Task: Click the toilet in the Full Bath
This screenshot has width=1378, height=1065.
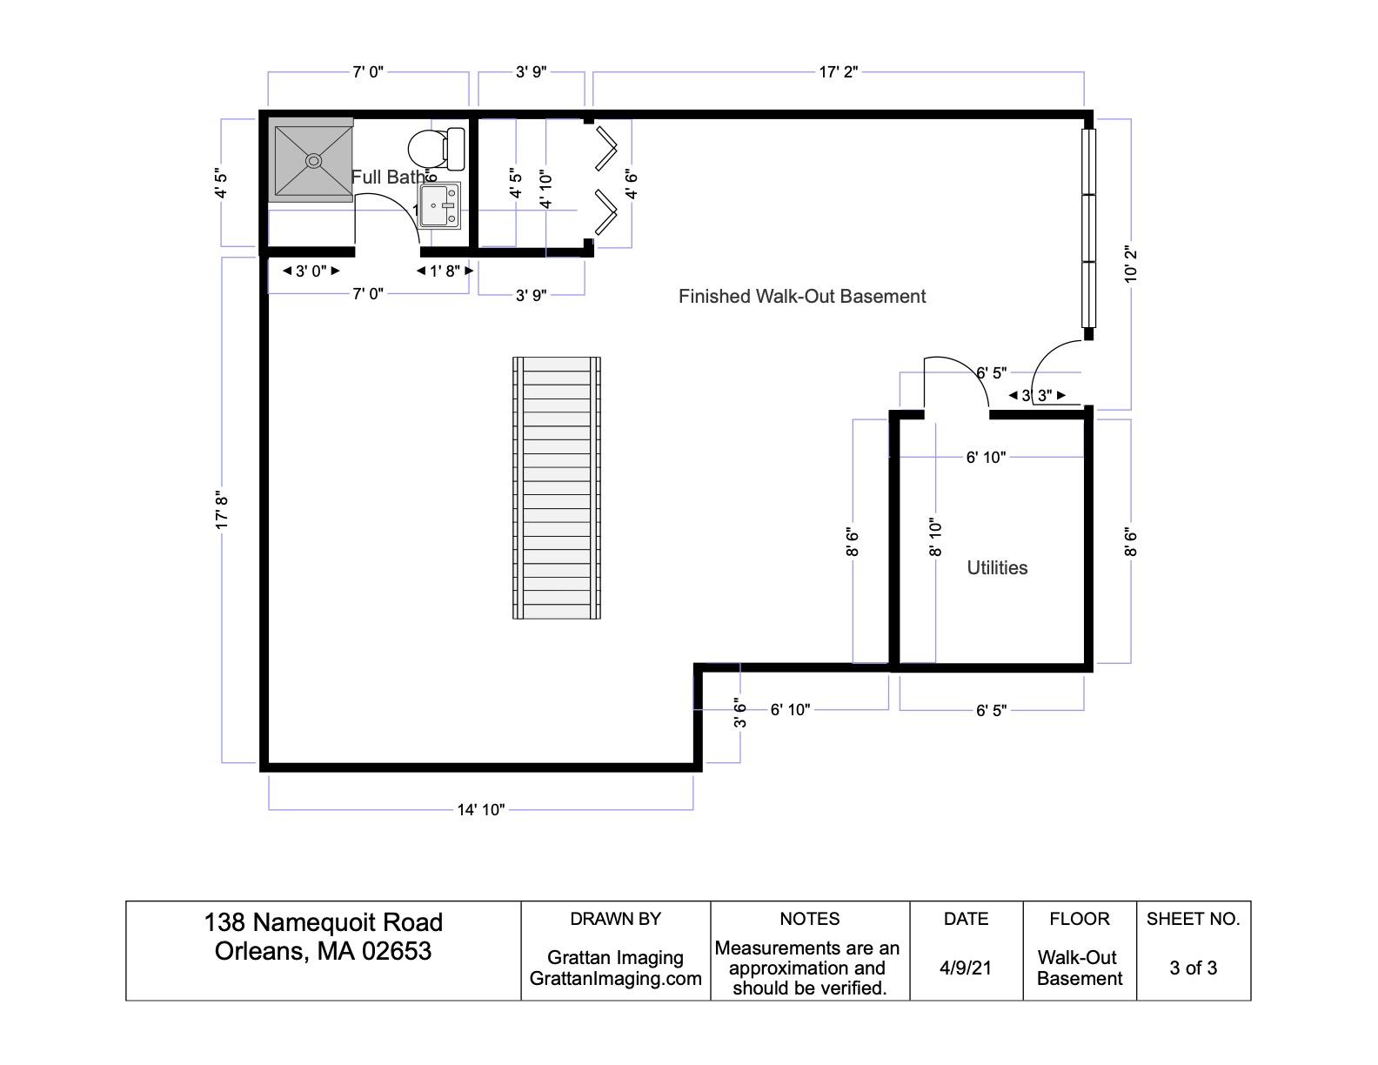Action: (x=437, y=149)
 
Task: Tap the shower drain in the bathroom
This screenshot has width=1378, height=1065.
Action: (x=313, y=160)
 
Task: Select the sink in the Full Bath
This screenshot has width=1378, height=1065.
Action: (x=438, y=205)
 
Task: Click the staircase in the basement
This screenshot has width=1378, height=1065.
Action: (x=556, y=488)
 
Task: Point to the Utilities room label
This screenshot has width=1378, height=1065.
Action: (x=997, y=567)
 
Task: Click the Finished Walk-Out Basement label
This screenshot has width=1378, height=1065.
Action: (x=801, y=296)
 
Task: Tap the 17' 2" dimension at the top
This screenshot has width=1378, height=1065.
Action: (x=838, y=71)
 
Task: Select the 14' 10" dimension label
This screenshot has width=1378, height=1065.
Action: (x=481, y=810)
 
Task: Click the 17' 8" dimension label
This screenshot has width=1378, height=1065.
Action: (x=221, y=510)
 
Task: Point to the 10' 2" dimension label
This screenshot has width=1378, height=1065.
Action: (x=1131, y=265)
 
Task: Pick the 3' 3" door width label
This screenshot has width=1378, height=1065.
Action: (x=1037, y=395)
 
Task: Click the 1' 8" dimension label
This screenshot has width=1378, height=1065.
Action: (x=445, y=271)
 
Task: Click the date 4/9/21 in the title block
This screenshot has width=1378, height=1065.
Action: (x=965, y=968)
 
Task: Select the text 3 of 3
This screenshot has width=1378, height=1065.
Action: (x=1193, y=968)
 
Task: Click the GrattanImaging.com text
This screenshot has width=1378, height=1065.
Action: (x=615, y=978)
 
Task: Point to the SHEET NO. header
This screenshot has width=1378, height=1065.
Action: (x=1193, y=919)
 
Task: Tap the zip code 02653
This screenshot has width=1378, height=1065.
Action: (x=397, y=951)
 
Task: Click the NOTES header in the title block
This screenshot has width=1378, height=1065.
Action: (x=809, y=919)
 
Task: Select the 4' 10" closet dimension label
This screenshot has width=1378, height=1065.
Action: (x=546, y=189)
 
